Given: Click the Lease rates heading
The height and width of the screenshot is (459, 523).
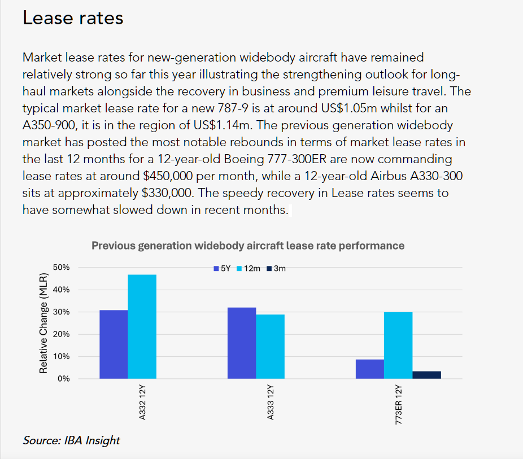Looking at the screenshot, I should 73,18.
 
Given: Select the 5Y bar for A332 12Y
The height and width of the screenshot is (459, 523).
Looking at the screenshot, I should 114,344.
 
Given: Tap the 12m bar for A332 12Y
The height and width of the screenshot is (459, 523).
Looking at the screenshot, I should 142,326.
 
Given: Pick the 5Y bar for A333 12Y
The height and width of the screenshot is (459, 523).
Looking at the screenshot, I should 242,343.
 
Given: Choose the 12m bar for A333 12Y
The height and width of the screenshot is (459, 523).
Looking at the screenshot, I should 270,347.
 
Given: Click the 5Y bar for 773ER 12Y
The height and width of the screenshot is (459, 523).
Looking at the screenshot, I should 370,369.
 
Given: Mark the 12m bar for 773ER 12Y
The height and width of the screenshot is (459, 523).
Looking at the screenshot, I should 398,346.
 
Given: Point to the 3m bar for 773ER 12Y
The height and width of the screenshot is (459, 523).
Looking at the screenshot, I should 426,375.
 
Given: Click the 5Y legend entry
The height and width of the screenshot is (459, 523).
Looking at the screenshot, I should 222,269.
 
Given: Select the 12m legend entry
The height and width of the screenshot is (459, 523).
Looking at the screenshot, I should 249,269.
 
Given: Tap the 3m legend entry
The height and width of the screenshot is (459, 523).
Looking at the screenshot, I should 276,269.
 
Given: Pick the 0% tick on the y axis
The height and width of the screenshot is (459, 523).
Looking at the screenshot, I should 64,379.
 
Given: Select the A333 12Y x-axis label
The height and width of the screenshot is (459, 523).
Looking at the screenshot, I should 271,402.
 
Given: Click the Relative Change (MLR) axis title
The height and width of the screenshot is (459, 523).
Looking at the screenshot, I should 43,323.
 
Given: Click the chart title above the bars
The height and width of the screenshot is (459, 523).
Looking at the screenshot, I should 248,246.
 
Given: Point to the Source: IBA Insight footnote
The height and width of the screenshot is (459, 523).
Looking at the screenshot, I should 71,440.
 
